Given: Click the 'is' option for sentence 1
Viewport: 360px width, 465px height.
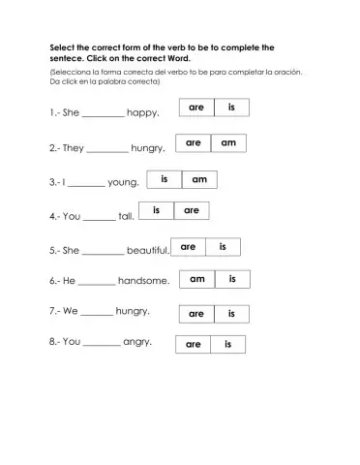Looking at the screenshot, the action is tap(231, 108).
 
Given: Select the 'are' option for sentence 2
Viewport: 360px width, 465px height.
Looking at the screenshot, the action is tap(193, 143).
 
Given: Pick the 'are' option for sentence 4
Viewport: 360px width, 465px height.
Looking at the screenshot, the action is tap(192, 210).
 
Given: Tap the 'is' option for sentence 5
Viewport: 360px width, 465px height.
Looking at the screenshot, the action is tap(223, 247).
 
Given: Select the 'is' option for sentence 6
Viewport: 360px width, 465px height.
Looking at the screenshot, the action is tap(231, 279).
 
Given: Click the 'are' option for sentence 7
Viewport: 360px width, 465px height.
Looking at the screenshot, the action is tap(195, 314).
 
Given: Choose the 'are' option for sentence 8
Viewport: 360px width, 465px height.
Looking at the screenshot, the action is tap(193, 344).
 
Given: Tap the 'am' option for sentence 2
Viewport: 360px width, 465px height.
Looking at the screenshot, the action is tap(228, 143).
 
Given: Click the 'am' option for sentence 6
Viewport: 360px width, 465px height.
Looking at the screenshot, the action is tap(197, 279).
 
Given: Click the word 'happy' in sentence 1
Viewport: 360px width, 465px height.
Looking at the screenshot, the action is tap(142, 113).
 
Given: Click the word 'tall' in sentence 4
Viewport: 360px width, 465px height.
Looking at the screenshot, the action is tap(125, 217).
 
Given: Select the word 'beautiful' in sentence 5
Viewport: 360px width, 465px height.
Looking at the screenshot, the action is tap(147, 250).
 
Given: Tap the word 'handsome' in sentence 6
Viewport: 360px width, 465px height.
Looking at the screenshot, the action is tap(142, 282).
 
